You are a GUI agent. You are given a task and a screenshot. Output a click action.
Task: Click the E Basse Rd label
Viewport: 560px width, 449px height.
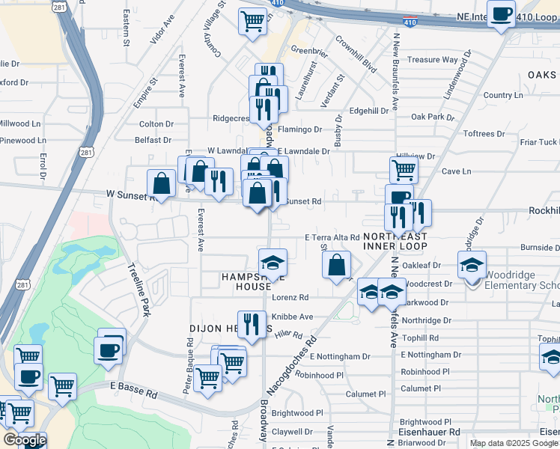134,388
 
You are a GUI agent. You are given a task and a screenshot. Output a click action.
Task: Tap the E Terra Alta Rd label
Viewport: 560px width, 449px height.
332,237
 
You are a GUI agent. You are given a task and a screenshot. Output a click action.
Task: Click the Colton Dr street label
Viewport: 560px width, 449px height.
156,124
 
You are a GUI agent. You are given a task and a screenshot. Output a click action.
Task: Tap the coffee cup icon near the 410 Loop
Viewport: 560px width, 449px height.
501,13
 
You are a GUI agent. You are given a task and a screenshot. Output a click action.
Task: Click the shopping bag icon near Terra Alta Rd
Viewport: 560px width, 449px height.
337,263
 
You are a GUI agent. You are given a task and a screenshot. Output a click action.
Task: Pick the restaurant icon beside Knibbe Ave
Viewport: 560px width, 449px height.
252,324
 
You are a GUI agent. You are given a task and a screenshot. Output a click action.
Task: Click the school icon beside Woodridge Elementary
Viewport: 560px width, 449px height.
472,264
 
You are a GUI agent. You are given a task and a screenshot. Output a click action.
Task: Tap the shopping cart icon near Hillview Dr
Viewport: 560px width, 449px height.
404,170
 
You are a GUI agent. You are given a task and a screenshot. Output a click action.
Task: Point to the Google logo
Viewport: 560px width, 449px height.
25,441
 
